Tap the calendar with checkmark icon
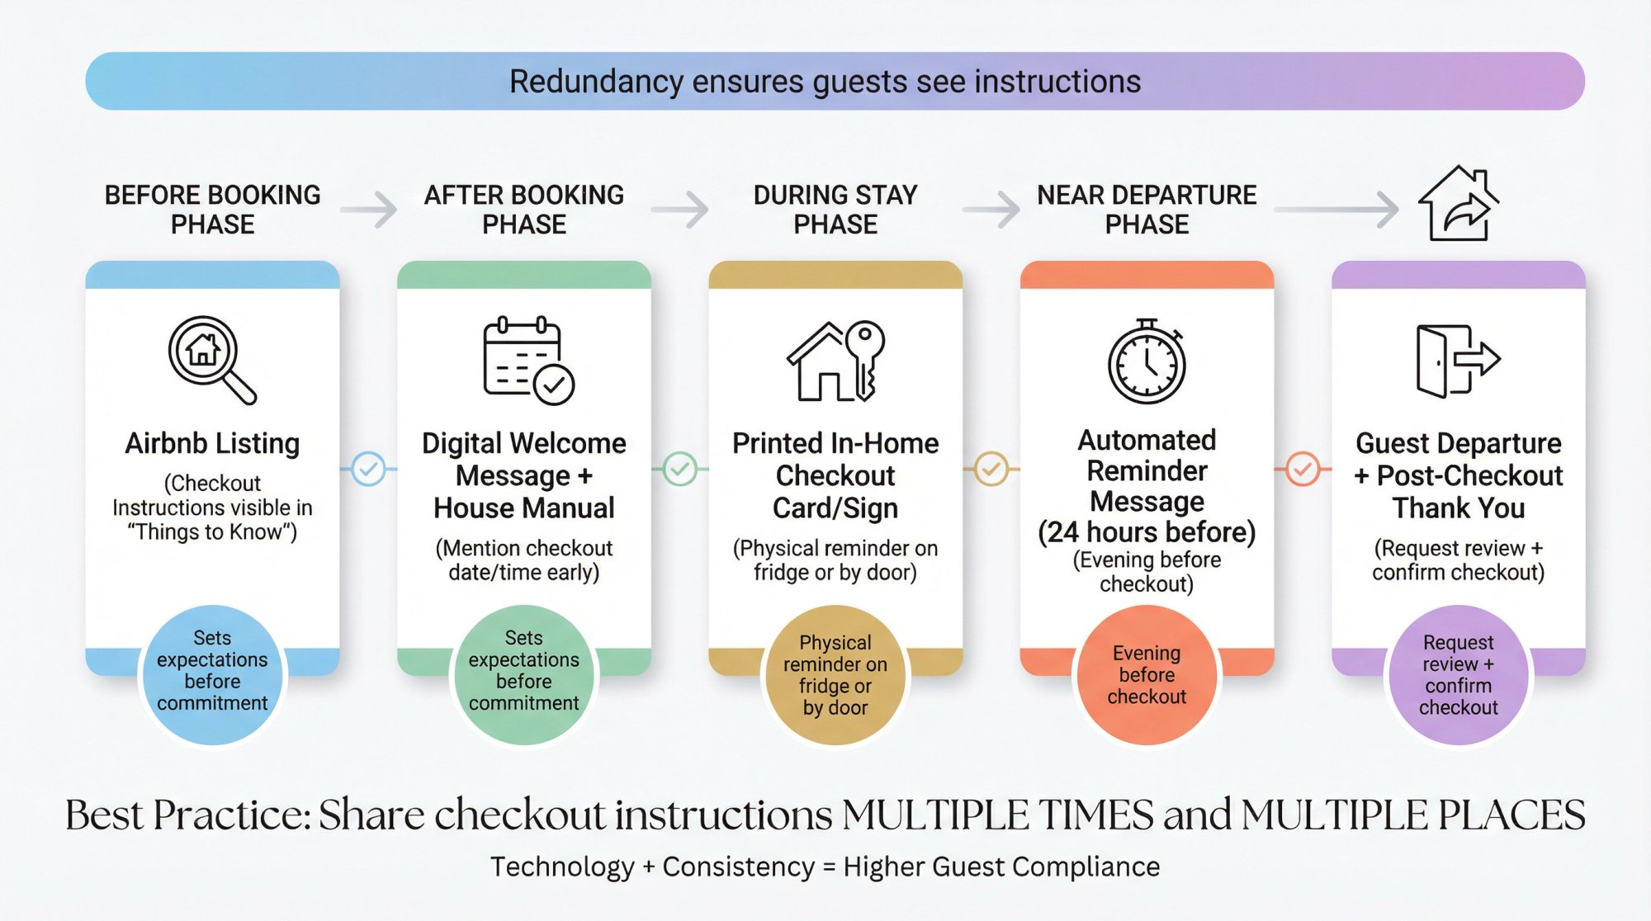(527, 361)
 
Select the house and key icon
(835, 361)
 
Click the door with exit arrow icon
(1457, 361)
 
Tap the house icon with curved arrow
(1458, 204)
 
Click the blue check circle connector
(368, 469)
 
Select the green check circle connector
(680, 469)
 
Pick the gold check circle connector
(991, 469)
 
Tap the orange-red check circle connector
(1303, 469)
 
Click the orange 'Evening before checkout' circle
(1147, 675)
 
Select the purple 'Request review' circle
(1458, 675)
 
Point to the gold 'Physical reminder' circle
(835, 675)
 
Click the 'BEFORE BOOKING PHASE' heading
(212, 209)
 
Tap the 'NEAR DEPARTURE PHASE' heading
(1147, 209)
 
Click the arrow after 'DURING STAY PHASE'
(991, 209)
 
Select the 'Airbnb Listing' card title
(212, 443)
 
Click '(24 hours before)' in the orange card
(1147, 532)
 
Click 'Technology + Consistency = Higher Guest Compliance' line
(825, 867)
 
